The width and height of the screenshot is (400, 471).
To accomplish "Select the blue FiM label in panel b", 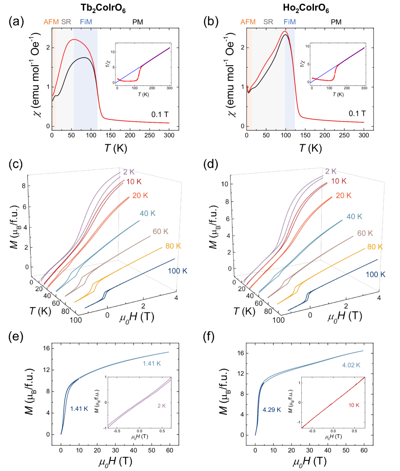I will pos(290,22).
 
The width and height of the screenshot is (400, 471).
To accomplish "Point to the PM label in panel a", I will pos(138,22).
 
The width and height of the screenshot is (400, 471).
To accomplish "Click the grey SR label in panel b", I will pos(268,22).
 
